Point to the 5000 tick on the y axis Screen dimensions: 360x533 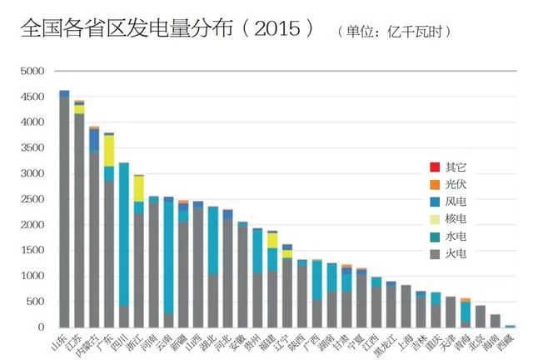click(x=32, y=72)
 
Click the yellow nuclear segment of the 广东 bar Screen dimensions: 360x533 click(x=109, y=151)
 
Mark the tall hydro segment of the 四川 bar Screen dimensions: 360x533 click(x=124, y=233)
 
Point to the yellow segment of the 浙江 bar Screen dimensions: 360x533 click(x=139, y=188)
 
